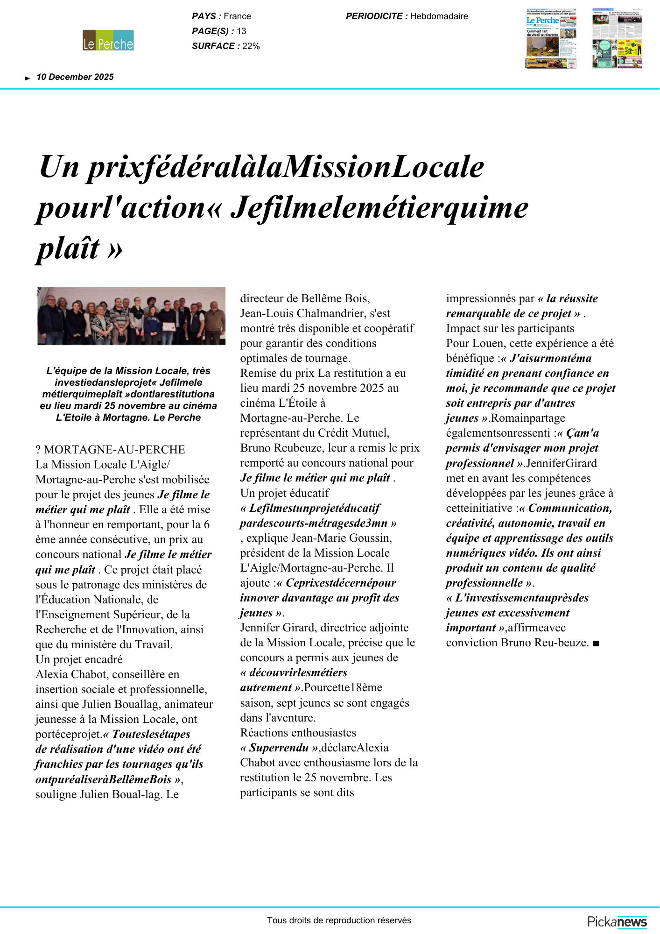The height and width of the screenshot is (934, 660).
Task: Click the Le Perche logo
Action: point(108,41)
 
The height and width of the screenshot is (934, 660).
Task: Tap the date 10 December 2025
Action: point(75,77)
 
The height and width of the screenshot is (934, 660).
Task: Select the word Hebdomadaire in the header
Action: point(439,16)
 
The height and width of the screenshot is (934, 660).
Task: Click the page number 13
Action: point(241,31)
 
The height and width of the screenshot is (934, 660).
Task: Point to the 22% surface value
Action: point(251,46)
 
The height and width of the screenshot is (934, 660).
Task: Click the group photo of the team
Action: point(131,316)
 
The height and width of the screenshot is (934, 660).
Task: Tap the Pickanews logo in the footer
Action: point(617,922)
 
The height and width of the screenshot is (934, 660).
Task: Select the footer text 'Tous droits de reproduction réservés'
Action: point(339,920)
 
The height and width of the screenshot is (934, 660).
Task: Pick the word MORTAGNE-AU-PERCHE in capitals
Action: point(114,450)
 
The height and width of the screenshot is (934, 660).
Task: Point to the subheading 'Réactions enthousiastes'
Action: point(298,733)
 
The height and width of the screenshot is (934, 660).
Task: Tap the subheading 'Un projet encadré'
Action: point(79,659)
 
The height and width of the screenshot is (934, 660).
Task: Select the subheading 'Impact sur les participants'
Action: point(510,328)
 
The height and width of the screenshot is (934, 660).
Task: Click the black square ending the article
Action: point(596,644)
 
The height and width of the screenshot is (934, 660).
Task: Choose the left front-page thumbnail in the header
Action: point(551,38)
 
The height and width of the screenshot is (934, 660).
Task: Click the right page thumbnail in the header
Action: point(617,38)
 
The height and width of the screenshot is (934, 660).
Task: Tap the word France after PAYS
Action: point(237,16)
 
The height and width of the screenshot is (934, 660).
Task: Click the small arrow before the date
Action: point(28,78)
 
